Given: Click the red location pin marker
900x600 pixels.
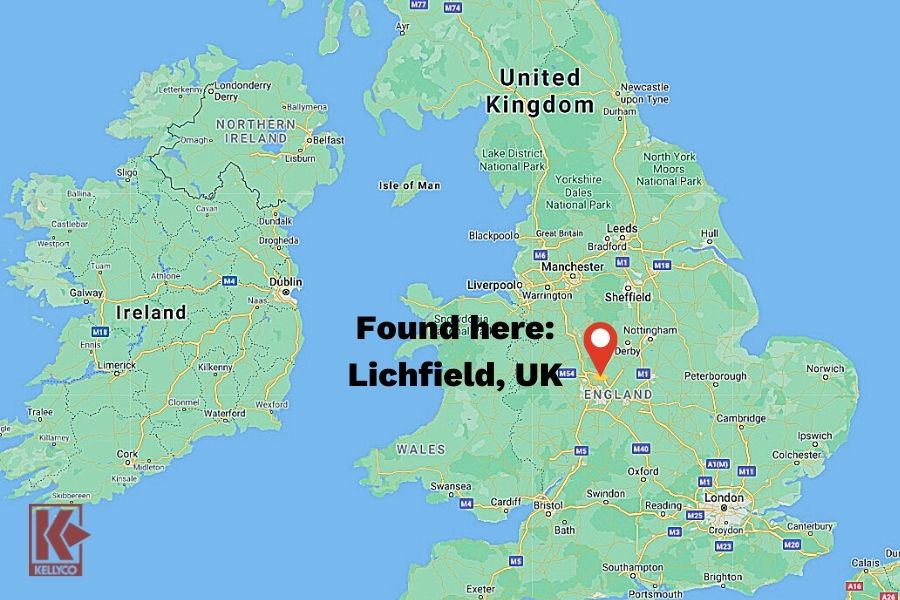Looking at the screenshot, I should (600, 345).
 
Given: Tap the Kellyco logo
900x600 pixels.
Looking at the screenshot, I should (58, 540).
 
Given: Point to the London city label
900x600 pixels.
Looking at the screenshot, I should (724, 497).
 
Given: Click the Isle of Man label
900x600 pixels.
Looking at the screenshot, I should (410, 185).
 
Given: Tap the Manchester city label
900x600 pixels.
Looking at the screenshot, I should (573, 267).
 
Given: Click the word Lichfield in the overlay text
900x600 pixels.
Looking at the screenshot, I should (421, 375).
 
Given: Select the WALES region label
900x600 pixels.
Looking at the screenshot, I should (420, 449).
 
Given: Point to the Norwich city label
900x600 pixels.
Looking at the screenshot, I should (825, 368).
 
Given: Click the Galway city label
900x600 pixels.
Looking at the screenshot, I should (86, 294).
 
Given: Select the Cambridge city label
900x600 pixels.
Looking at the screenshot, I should (740, 418).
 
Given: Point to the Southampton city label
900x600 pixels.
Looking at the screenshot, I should (633, 567).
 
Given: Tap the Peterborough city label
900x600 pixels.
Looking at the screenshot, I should (716, 377).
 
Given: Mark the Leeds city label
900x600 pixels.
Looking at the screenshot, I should (622, 228).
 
